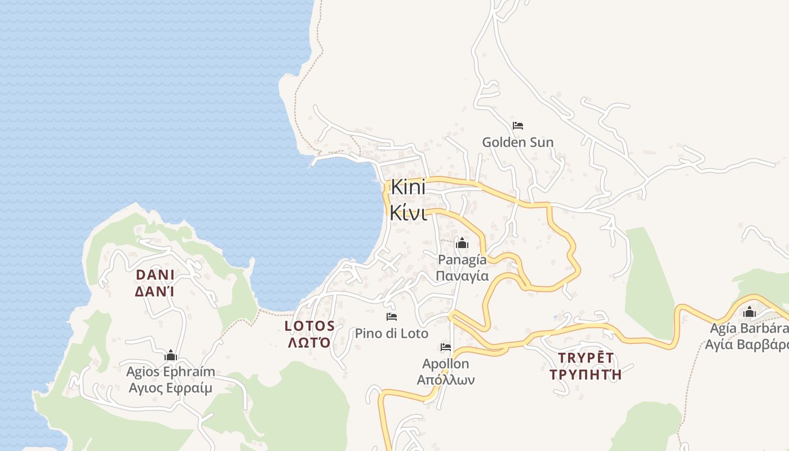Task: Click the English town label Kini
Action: pos(408,188)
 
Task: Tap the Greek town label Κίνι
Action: pos(408,213)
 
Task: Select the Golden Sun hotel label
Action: pos(517,143)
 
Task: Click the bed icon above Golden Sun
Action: pos(517,125)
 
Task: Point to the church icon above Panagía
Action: pos(462,243)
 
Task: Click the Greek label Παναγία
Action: pos(462,276)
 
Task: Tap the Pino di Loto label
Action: pos(391,333)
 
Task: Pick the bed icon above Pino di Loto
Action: pos(391,316)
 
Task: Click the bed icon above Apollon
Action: pos(446,347)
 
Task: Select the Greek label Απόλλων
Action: pos(445,379)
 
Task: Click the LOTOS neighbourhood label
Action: pos(309,326)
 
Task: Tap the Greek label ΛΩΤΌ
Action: pos(309,343)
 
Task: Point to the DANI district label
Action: pos(155,275)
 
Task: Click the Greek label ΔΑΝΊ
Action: pos(155,291)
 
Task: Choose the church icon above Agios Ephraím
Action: pos(170,355)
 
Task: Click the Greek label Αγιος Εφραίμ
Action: pos(170,388)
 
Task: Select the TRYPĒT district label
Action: pos(586,357)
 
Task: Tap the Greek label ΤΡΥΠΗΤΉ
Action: pos(586,374)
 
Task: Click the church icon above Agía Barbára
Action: pos(749,312)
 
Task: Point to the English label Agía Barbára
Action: pos(747,328)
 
